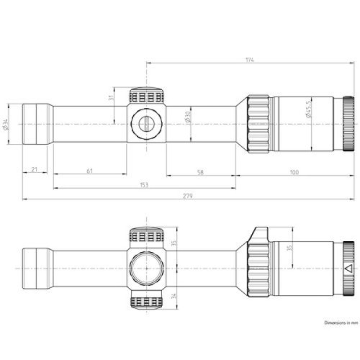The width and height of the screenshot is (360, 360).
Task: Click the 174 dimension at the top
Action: (250, 60)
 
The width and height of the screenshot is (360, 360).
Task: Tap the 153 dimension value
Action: (144, 185)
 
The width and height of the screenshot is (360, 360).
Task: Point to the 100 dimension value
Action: (294, 172)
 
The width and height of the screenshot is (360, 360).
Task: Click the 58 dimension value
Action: (199, 172)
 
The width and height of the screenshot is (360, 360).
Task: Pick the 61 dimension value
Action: (88, 172)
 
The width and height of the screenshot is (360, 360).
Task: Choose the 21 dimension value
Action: (34, 172)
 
